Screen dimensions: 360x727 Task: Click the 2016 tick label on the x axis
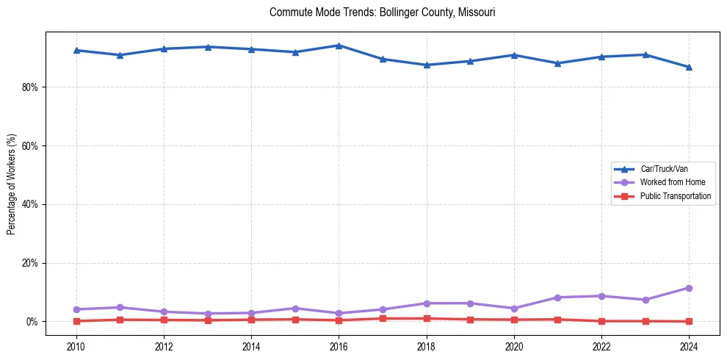tap(339, 345)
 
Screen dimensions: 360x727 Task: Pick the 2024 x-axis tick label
tap(689, 345)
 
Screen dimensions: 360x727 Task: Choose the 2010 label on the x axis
tap(76, 345)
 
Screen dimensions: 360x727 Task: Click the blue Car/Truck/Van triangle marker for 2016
tap(339, 46)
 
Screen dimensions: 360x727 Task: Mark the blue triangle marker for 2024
tap(689, 67)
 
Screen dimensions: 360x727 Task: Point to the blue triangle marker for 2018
tap(427, 65)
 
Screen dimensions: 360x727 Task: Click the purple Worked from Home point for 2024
tap(689, 288)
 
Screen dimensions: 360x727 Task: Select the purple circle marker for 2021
tap(557, 298)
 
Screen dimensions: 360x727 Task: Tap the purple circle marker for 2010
tap(76, 309)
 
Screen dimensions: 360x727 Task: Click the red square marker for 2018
tap(427, 318)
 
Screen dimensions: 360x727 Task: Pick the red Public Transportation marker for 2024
tap(689, 321)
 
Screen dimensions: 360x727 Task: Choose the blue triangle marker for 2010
tap(76, 50)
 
